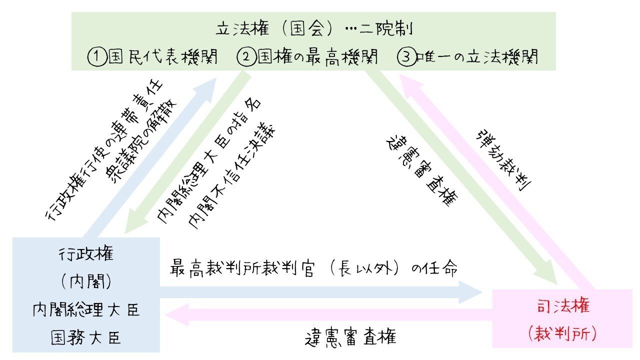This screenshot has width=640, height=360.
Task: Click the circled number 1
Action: [97, 57]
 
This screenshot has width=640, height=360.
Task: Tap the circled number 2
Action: [246, 57]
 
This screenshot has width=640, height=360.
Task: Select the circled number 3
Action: [406, 57]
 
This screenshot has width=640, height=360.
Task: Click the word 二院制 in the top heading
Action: [385, 29]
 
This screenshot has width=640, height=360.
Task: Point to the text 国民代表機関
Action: [163, 57]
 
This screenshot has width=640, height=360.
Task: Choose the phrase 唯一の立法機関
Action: [477, 57]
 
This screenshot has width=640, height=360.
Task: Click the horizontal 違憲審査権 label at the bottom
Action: [350, 337]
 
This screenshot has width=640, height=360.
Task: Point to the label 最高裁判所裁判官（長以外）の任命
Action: [313, 268]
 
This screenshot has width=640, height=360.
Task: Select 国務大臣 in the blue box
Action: [85, 337]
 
